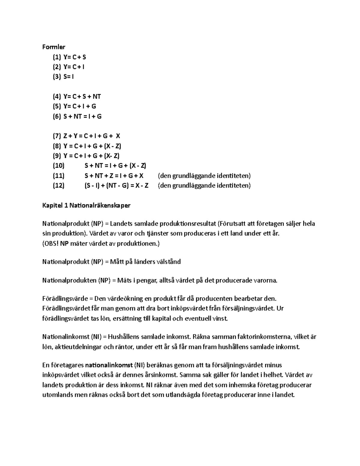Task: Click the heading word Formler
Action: click(54, 47)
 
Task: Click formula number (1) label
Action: click(57, 57)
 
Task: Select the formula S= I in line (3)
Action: click(69, 77)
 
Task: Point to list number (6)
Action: click(57, 116)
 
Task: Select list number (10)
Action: click(58, 166)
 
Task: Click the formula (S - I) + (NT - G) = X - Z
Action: click(116, 185)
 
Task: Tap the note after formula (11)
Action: click(204, 176)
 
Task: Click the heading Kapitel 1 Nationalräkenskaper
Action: click(86, 206)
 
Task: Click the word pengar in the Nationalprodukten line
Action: click(145, 281)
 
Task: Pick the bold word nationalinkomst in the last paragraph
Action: click(109, 365)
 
